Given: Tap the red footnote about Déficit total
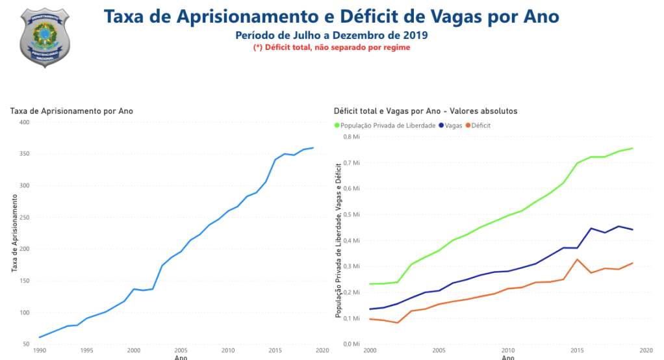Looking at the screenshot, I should point(331,47).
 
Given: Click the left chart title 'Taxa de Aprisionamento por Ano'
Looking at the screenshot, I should point(71,111).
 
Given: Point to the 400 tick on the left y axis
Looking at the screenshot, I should point(24,122).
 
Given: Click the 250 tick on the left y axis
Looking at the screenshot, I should point(24,217).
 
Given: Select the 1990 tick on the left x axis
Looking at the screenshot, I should point(39,350).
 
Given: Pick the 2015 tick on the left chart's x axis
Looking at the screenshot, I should point(275,350).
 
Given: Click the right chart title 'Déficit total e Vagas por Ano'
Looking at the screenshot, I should point(426,111).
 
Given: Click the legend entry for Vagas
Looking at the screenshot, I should point(453,125).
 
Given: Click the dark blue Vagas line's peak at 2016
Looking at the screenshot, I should point(591,228).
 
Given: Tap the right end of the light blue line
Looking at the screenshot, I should point(313,148).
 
